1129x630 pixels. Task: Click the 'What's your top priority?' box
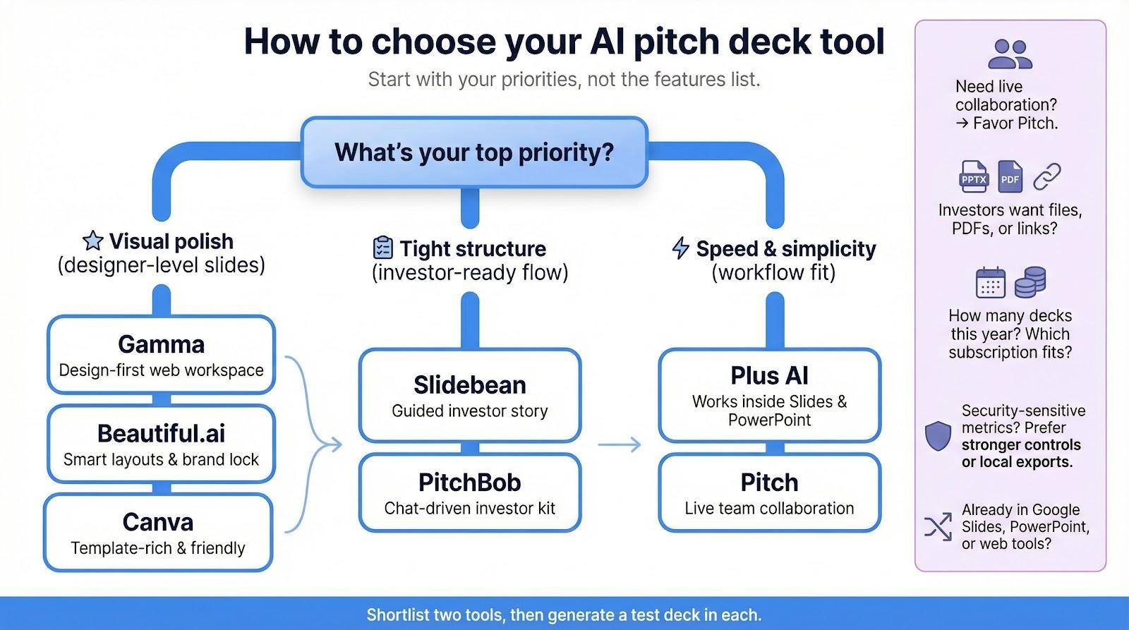click(474, 152)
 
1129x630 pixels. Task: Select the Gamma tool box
click(161, 355)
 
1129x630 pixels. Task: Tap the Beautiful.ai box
click(161, 444)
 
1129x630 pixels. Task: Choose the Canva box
click(158, 533)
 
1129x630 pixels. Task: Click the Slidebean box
click(470, 395)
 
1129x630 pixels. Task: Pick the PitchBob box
click(470, 492)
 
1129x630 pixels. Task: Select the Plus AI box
click(769, 395)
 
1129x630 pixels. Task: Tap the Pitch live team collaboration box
click(769, 492)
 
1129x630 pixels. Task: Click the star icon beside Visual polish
click(92, 241)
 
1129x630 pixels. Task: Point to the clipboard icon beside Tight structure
click(382, 248)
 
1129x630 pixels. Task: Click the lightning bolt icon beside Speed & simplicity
click(680, 248)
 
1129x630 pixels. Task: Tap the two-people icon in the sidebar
click(1010, 54)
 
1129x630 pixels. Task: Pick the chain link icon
click(1047, 177)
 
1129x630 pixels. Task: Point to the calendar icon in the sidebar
click(990, 283)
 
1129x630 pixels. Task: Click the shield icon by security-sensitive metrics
click(938, 436)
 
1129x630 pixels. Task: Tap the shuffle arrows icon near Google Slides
click(938, 526)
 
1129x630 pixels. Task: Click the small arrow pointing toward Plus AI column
click(620, 444)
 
